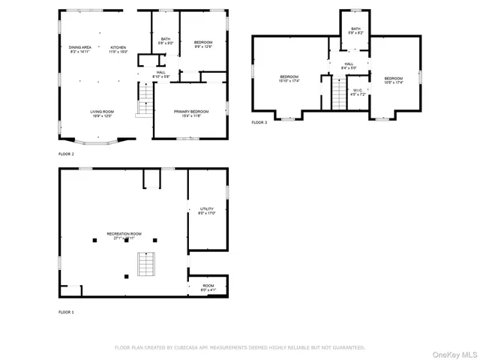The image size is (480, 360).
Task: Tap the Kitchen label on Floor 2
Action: (x=119, y=49)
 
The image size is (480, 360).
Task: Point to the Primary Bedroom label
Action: (x=191, y=113)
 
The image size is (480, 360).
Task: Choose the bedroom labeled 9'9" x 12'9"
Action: (x=203, y=44)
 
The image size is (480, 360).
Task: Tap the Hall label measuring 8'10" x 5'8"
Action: (x=161, y=75)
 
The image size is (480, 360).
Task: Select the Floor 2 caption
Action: (x=66, y=154)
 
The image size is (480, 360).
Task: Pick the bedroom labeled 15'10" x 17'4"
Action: (x=289, y=79)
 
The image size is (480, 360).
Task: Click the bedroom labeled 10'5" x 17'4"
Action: (x=394, y=80)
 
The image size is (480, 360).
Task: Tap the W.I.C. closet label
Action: (x=358, y=92)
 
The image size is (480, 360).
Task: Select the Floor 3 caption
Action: (x=259, y=122)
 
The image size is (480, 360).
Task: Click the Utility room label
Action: (x=207, y=211)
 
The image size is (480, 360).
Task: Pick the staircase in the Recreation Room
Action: (x=145, y=264)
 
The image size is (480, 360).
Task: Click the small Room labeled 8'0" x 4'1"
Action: (x=208, y=287)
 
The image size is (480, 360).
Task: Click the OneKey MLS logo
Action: (x=456, y=353)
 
